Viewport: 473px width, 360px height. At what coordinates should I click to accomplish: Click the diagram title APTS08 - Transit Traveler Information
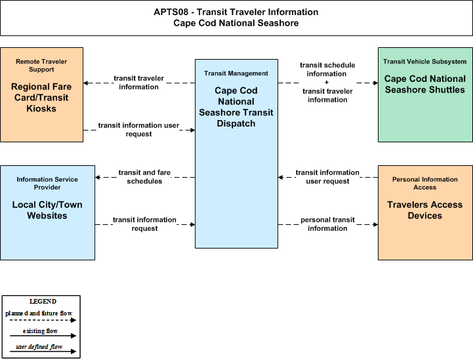click(236, 12)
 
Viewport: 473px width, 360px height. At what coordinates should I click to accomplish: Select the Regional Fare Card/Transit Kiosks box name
click(41, 98)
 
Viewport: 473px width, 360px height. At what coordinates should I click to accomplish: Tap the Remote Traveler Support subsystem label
click(41, 66)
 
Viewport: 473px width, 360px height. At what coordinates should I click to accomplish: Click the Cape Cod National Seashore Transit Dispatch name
click(236, 107)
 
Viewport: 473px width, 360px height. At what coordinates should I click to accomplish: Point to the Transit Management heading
click(236, 73)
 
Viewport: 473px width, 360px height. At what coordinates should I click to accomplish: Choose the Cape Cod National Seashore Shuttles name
click(425, 84)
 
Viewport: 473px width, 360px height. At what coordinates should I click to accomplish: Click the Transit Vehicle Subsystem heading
click(425, 62)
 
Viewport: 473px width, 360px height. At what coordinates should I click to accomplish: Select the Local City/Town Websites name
click(47, 210)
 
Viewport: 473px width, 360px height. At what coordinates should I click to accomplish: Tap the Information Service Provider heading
click(47, 184)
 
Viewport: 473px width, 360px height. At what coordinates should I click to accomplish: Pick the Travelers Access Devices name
click(425, 210)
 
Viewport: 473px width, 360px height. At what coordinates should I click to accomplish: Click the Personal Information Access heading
click(425, 184)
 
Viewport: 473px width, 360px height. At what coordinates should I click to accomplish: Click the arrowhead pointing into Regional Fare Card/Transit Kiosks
click(86, 83)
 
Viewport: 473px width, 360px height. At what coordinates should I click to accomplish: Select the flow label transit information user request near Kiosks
click(139, 130)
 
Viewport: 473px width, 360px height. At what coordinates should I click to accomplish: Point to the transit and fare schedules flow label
click(144, 176)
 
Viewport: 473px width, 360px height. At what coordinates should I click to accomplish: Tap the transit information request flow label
click(144, 224)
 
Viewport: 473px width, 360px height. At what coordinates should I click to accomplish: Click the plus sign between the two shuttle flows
click(327, 83)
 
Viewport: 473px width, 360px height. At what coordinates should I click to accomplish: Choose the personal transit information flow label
click(327, 224)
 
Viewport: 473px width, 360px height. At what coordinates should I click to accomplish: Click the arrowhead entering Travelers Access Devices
click(375, 225)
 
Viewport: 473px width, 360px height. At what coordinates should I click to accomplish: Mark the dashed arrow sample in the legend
click(43, 320)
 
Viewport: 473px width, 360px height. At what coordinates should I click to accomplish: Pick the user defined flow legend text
click(39, 347)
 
